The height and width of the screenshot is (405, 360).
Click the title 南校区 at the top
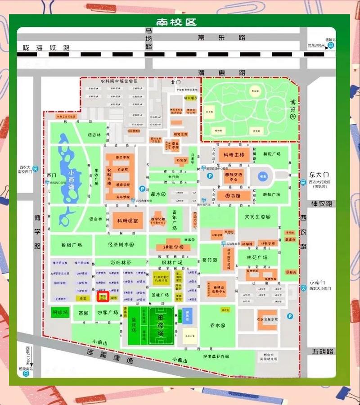point(176,22)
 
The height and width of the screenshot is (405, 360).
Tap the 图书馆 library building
point(234,196)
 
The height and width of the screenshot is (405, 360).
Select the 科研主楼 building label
point(234,155)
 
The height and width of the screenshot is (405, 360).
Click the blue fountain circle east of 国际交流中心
point(262,176)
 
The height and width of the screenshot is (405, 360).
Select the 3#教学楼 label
point(170,247)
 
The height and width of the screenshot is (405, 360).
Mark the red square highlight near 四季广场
point(103,297)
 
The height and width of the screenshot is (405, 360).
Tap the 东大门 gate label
point(319,175)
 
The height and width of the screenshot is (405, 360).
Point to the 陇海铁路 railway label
point(47,47)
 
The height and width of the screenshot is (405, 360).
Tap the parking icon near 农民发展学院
point(290,316)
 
